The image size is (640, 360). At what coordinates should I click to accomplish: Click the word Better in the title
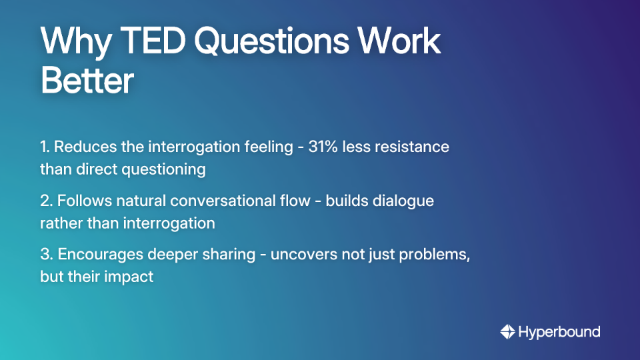pyautogui.click(x=87, y=81)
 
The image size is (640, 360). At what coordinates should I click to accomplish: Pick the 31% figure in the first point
pyautogui.click(x=324, y=147)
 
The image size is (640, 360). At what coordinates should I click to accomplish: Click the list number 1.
pyautogui.click(x=45, y=147)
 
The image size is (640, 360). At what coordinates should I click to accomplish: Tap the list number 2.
pyautogui.click(x=45, y=201)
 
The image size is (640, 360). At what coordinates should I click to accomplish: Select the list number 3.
pyautogui.click(x=45, y=255)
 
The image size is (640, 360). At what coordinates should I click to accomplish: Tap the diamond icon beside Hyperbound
pyautogui.click(x=507, y=331)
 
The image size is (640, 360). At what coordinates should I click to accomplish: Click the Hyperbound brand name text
pyautogui.click(x=559, y=331)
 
